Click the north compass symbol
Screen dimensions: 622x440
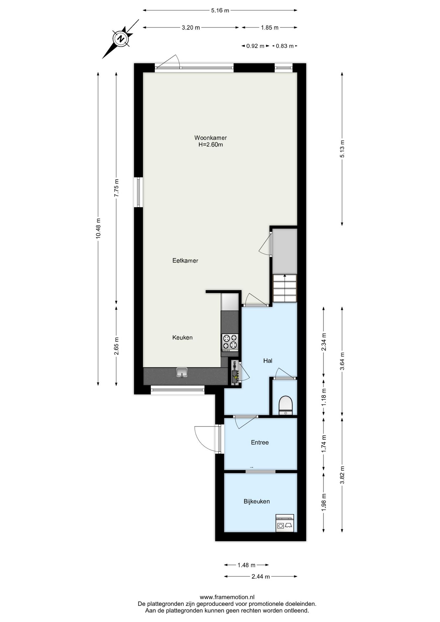coord(121,39)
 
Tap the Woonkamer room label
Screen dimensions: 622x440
coord(210,138)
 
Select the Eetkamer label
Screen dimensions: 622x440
coord(185,260)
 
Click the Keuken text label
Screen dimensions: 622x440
coord(182,338)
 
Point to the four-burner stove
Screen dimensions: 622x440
coord(230,342)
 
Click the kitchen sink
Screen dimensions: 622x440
coord(182,373)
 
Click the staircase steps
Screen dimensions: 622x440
coord(285,288)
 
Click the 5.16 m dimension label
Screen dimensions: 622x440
coord(220,10)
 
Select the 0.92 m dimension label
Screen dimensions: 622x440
coord(255,46)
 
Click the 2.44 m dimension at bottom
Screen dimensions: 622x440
coord(261,577)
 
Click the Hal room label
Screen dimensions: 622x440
coord(268,361)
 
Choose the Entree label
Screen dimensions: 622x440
coord(260,443)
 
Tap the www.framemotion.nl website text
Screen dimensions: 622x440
coord(227,597)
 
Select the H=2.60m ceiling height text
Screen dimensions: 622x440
coord(211,145)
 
